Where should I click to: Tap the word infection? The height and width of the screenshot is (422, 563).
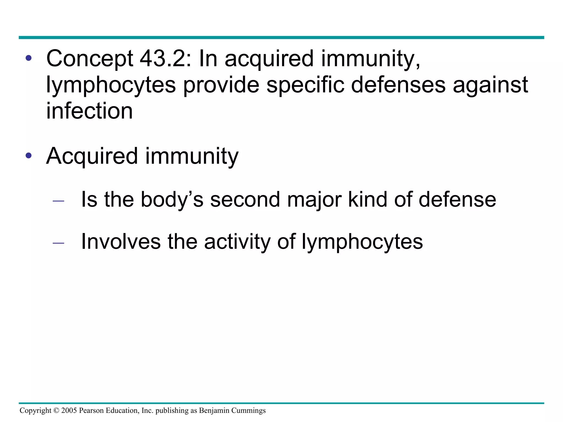coord(89,111)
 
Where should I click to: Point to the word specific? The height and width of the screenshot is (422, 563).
coord(305,85)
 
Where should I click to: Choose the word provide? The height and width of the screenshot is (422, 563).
coord(221,85)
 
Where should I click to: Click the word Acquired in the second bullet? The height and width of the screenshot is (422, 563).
coord(92,156)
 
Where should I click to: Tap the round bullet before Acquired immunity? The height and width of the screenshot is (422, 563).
coord(29,156)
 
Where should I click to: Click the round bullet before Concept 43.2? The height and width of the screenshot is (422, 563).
coord(29,58)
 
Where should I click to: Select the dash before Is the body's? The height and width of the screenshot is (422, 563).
coord(58,201)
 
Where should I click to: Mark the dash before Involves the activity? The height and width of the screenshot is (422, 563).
coord(58,243)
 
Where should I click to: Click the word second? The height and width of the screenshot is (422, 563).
coord(245,199)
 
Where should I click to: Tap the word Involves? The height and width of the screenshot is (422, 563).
coord(121,241)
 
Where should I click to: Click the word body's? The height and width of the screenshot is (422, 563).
coord(172,199)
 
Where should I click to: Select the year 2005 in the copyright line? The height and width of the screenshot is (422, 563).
coord(69,410)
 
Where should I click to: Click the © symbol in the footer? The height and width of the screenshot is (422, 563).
coord(56,410)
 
